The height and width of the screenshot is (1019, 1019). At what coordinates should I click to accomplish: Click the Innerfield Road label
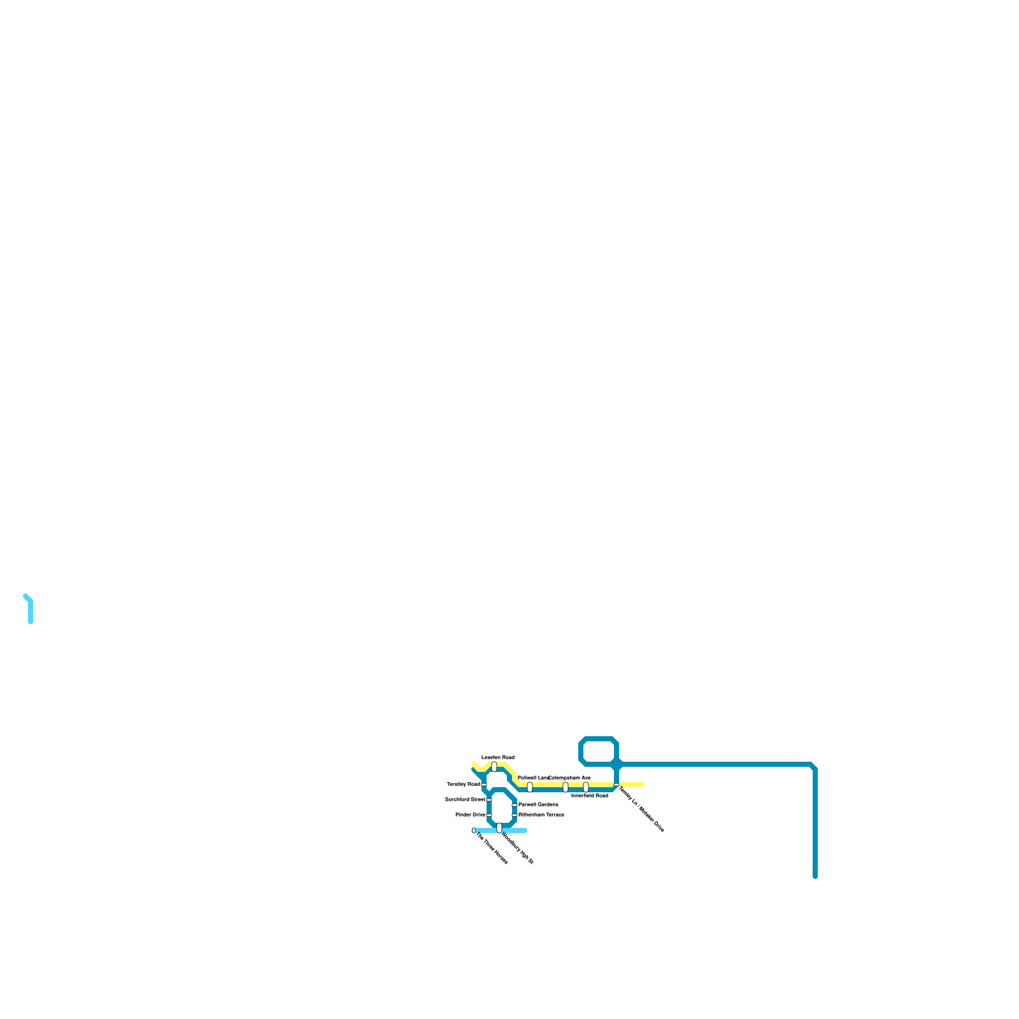[589, 795]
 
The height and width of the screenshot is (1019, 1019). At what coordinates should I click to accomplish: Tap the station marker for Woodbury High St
[499, 828]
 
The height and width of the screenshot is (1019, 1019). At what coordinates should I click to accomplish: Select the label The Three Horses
[492, 848]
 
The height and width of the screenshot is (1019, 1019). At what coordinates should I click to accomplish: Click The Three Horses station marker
[474, 830]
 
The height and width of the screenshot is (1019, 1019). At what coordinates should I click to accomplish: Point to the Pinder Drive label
[470, 815]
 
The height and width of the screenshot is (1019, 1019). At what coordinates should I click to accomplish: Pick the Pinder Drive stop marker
[489, 815]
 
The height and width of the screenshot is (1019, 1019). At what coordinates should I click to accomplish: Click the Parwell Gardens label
[538, 804]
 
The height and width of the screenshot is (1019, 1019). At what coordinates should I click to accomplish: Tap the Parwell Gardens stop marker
[515, 805]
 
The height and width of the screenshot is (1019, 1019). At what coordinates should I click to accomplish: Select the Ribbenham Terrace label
[541, 815]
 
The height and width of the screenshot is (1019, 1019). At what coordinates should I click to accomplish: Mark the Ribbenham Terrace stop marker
[515, 815]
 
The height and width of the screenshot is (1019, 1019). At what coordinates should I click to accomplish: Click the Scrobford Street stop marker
[489, 800]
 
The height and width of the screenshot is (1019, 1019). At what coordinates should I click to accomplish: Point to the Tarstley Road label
[463, 784]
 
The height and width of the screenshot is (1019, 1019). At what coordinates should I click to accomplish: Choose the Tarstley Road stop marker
[484, 785]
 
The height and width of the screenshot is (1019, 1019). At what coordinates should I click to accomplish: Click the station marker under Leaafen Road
[494, 767]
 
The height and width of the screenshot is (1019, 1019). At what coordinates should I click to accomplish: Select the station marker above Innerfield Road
[586, 787]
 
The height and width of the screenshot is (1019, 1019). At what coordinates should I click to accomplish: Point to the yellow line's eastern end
[642, 785]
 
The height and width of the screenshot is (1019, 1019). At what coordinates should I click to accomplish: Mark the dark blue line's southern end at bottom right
[815, 876]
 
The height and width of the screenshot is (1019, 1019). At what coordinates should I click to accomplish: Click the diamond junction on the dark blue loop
[616, 764]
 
